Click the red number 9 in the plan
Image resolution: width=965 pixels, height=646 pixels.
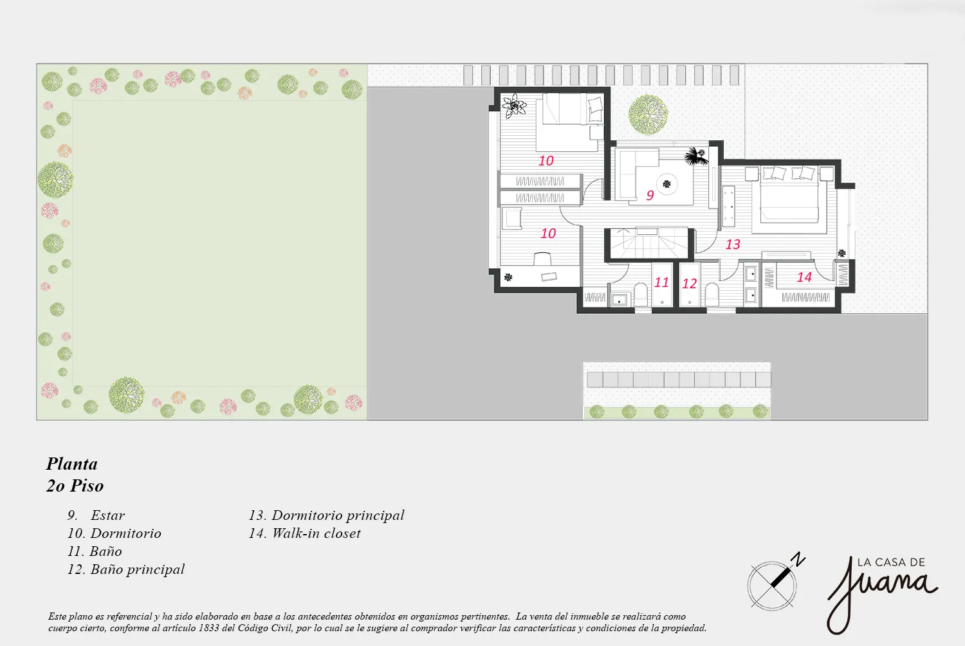tap(650, 195)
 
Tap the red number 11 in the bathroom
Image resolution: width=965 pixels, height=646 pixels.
tap(661, 282)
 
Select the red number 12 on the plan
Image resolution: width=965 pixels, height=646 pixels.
tap(689, 284)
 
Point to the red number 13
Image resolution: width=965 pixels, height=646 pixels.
tap(732, 245)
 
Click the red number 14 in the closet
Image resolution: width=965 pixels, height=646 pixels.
tap(804, 277)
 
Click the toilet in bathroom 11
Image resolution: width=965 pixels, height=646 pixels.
tap(641, 295)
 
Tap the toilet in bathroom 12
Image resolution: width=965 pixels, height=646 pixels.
tap(712, 295)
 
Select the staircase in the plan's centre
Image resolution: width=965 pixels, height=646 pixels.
tap(648, 244)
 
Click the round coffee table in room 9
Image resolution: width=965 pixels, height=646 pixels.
tap(667, 185)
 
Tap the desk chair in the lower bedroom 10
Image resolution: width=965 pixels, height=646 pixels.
tap(542, 259)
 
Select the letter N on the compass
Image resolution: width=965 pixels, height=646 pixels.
tap(800, 559)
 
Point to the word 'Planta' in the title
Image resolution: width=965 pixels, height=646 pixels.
tap(72, 464)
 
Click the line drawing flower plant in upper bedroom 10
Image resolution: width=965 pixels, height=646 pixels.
tap(514, 106)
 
